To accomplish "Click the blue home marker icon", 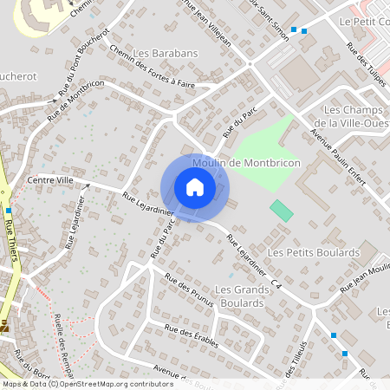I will tap(194, 187).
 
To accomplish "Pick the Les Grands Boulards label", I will tap(239, 296).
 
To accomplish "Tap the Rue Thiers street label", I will tap(11, 237).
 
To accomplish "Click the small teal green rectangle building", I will tap(281, 210).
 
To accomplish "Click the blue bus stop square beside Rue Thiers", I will tap(9, 211).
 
